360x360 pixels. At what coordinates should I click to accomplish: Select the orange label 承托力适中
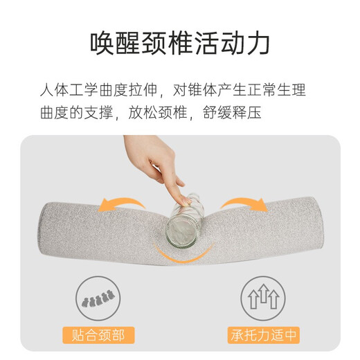point(264,336)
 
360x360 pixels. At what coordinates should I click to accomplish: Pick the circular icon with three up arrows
point(263,300)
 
